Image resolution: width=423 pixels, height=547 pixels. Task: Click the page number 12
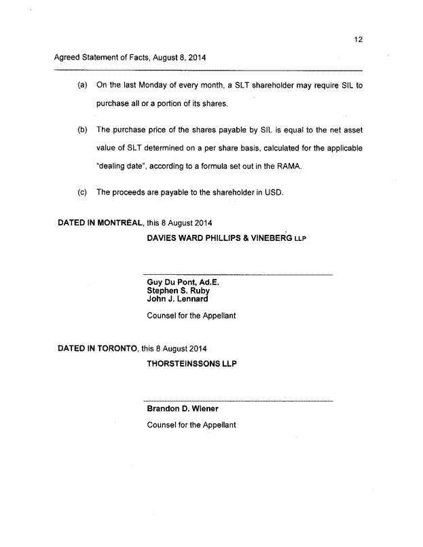(x=358, y=39)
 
